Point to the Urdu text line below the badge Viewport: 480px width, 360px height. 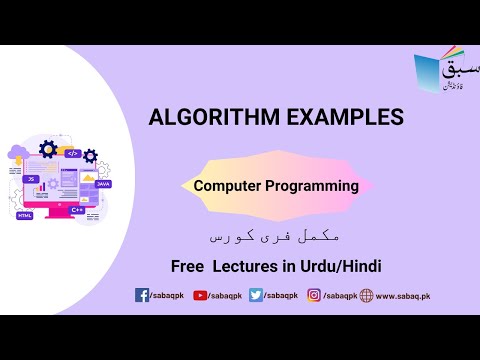tap(275, 235)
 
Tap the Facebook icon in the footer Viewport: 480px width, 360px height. tap(142, 296)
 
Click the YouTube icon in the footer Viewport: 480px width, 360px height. tap(200, 296)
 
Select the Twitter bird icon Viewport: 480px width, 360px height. tap(256, 296)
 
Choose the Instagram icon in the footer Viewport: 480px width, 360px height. tap(313, 296)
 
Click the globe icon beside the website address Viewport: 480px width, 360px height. tap(366, 296)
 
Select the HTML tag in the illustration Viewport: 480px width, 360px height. tap(25, 215)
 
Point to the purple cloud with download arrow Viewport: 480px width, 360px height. tap(18, 155)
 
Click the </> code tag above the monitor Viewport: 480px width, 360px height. tap(72, 153)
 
